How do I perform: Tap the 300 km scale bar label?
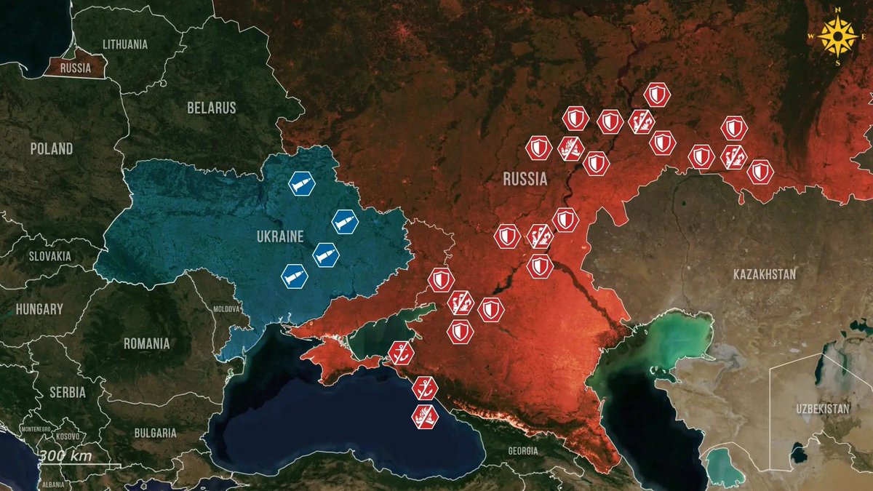[x=65, y=456]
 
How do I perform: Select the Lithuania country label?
[x=125, y=44]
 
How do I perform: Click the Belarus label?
[x=212, y=108]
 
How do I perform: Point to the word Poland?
[x=51, y=149]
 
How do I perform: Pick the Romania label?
[x=146, y=343]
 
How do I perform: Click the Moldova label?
[x=226, y=308]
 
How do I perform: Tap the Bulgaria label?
[x=155, y=433]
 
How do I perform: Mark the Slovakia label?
[x=49, y=256]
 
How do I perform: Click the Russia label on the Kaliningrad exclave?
[x=76, y=69]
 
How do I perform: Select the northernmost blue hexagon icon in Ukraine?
[x=301, y=185]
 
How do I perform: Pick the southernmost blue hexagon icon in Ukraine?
[x=294, y=276]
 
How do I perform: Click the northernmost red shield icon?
[x=656, y=95]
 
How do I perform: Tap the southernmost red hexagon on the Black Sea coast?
[x=424, y=416]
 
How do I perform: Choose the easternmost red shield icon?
[x=760, y=172]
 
